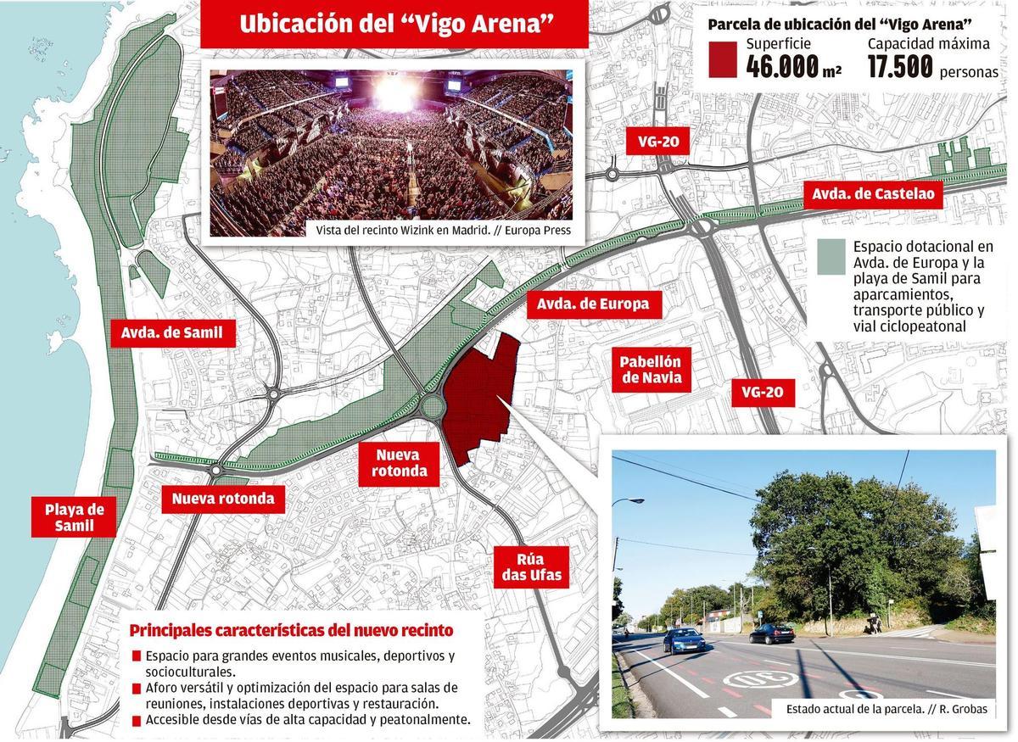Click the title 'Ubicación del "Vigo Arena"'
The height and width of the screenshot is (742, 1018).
[394, 24]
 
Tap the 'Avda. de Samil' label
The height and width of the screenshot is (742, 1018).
[171, 332]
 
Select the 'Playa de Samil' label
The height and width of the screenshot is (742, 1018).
[75, 517]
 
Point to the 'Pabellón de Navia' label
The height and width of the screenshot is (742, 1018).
[652, 370]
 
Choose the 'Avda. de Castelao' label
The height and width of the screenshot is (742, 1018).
[873, 194]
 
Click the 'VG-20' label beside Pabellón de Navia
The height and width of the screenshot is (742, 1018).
[763, 392]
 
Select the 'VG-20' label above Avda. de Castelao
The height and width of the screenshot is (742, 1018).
[657, 142]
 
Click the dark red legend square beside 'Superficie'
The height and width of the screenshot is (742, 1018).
[721, 58]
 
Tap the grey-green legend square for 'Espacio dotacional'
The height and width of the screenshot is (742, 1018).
[831, 256]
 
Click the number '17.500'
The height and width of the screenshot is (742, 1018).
[900, 67]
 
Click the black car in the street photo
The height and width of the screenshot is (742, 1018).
[772, 633]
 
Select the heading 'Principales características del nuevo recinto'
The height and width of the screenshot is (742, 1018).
[291, 631]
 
